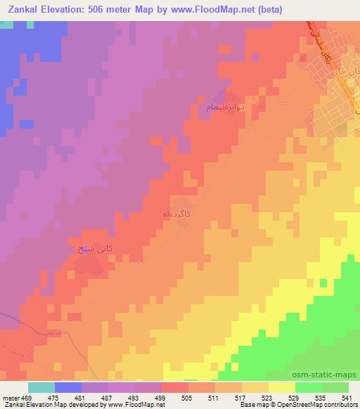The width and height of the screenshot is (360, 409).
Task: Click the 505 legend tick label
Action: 186,397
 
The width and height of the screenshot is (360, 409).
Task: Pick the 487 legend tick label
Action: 107,397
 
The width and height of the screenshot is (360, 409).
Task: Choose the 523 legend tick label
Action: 266,397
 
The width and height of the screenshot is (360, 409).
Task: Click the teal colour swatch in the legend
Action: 41,387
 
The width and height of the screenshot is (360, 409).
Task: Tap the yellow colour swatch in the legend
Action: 281,387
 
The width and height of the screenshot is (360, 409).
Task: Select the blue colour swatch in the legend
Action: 68,387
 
